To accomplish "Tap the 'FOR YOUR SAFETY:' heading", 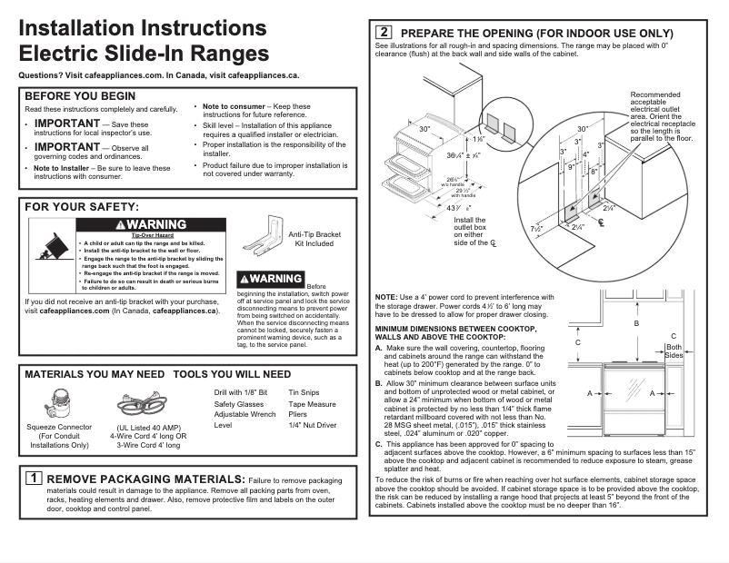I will coord(81,208).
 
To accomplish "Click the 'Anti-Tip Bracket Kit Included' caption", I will coord(314,239).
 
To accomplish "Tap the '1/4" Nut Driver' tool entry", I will coord(312,425).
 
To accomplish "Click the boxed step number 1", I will coord(33,478).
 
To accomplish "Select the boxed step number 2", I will coord(384,33).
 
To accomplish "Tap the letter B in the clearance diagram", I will coord(636,323).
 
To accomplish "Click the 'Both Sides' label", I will coord(673,351).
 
